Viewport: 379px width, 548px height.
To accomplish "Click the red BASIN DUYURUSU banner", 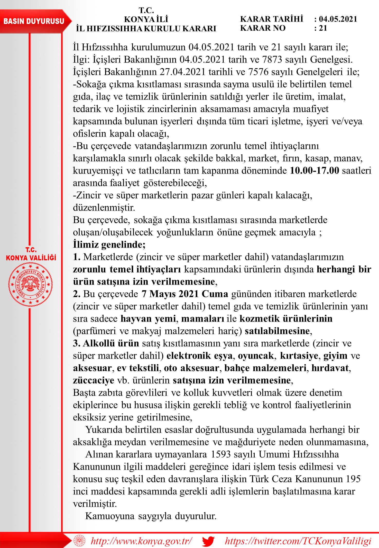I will (34, 21).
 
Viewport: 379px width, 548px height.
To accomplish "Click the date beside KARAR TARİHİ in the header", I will (338, 19).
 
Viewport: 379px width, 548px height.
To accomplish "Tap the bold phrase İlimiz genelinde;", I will (109, 244).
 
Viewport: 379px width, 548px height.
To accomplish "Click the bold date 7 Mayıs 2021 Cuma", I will (185, 294).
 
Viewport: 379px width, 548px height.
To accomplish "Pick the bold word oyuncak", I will (256, 356).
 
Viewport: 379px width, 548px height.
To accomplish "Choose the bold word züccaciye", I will (94, 380).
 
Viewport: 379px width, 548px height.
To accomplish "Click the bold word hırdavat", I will (330, 368).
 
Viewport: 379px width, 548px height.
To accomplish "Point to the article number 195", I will (353, 479).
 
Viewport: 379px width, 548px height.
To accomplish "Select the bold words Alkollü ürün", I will (111, 343).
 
